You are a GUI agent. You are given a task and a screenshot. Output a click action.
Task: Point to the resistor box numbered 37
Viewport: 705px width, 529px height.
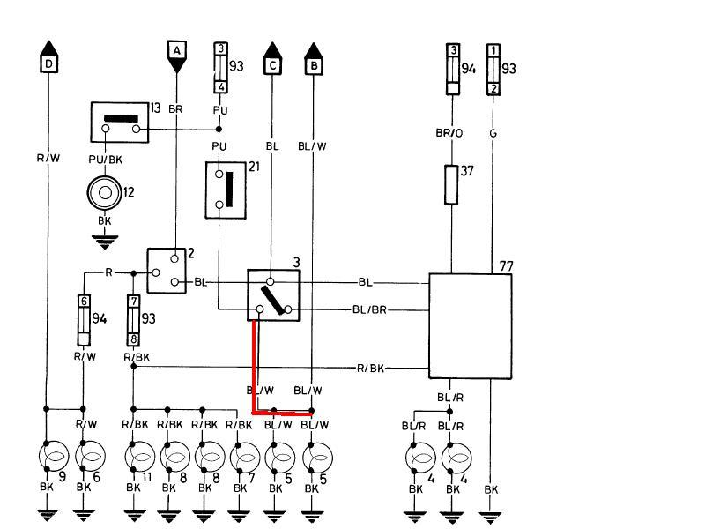tap(451, 184)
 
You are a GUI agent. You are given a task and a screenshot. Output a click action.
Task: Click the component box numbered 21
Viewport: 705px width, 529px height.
tap(227, 188)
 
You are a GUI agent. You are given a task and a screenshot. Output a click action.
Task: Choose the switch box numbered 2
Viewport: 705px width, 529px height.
tap(167, 270)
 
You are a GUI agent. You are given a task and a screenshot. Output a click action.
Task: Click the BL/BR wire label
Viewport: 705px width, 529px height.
tap(369, 309)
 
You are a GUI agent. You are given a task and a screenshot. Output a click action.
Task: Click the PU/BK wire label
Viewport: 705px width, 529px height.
tap(106, 160)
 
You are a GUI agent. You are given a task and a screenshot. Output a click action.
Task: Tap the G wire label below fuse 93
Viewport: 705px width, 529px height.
tap(493, 132)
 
